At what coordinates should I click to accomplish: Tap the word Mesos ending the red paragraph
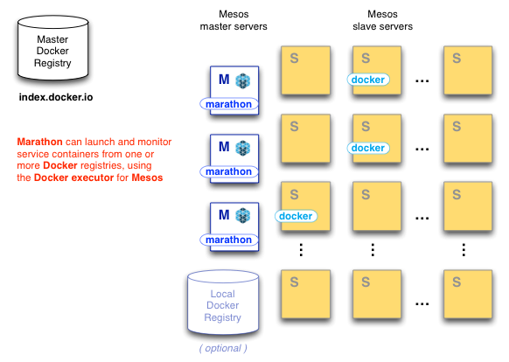(147, 178)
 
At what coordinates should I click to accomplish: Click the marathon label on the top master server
(228, 104)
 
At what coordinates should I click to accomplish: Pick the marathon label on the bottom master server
(228, 240)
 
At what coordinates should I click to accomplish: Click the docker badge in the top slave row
(367, 80)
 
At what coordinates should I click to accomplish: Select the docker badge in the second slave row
(367, 148)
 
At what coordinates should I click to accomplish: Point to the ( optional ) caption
(222, 349)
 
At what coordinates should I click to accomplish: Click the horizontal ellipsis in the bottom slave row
(422, 303)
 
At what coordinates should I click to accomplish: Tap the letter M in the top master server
(224, 79)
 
